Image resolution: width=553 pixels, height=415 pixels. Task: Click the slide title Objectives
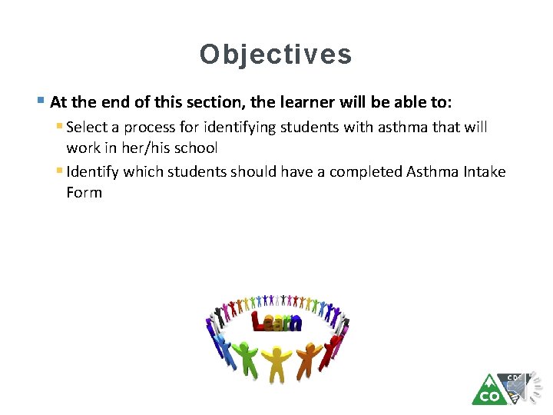point(276,55)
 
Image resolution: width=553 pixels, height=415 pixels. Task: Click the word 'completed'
point(363,171)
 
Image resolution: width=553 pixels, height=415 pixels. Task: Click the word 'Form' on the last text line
point(84,192)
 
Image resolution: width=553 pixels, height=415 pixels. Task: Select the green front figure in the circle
point(247,358)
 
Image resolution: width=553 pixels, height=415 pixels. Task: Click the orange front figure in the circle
point(308,358)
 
